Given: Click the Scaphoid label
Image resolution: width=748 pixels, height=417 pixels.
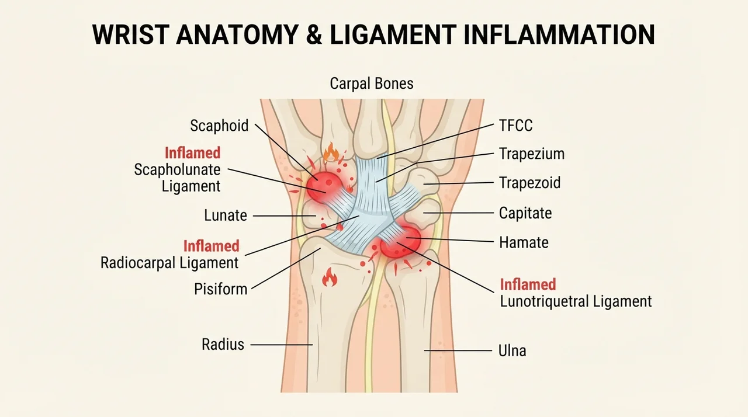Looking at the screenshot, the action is [x=219, y=126].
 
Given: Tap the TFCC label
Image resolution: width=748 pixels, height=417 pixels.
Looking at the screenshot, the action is [x=516, y=126].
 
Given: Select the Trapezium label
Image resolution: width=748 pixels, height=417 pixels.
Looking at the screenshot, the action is [x=532, y=154].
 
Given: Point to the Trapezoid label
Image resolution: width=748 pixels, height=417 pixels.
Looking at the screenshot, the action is [x=529, y=182].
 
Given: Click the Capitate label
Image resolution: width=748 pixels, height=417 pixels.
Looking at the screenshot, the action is [x=525, y=213].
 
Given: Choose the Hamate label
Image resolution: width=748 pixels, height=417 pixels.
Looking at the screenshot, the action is [x=524, y=242].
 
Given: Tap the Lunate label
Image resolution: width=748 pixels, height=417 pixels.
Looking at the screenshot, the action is [x=226, y=215].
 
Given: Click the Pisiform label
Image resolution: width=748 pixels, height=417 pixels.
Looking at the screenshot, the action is [x=221, y=289].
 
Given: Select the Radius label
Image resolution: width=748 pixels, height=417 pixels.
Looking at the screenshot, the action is [x=223, y=344].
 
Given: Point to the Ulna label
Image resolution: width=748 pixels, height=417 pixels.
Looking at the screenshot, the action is [x=512, y=350].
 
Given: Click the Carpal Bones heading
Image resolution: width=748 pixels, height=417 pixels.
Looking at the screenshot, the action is [x=372, y=83].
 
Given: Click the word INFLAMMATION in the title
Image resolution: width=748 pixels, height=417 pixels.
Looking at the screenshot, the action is [x=559, y=34].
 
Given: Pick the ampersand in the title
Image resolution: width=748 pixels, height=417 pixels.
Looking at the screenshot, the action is [x=314, y=34].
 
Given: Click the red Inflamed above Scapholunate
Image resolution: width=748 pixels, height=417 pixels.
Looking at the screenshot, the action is [x=193, y=153].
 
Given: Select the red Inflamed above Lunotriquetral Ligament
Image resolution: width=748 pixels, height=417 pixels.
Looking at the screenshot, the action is [x=528, y=284].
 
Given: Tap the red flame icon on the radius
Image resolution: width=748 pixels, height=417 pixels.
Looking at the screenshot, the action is [x=330, y=277].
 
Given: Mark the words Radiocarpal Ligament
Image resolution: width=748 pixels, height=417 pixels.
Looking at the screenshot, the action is [x=169, y=263].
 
